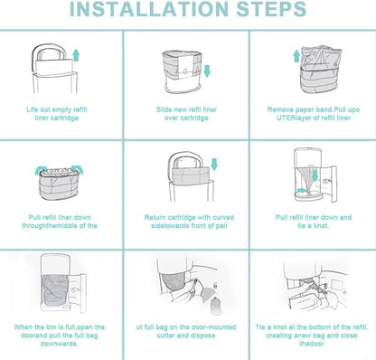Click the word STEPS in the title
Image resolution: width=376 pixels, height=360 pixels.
click(x=271, y=8)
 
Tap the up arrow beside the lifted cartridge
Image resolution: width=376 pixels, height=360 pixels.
click(x=76, y=55)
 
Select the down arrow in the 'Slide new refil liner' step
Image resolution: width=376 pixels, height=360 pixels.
click(x=207, y=71)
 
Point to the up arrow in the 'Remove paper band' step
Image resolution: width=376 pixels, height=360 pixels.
click(x=296, y=56)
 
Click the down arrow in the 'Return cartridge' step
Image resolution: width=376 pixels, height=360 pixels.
click(x=214, y=165)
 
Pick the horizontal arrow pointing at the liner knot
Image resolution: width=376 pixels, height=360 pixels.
click(x=302, y=191)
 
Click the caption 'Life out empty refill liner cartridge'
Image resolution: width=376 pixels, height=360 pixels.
click(x=57, y=114)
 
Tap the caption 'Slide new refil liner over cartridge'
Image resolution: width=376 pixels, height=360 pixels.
click(x=186, y=114)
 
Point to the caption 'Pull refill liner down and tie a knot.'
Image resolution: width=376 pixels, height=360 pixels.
click(x=314, y=222)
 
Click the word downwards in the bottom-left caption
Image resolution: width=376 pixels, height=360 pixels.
click(x=59, y=344)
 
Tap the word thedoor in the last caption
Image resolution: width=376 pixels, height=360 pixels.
click(x=312, y=344)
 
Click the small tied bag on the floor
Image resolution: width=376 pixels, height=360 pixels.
click(x=214, y=305)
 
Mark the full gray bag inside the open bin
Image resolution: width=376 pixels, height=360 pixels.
click(x=56, y=292)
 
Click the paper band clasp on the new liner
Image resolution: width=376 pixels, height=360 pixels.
click(x=185, y=71)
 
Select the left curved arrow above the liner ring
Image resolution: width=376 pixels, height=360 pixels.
click(x=41, y=170)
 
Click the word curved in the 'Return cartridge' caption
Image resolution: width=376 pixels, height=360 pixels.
click(x=223, y=217)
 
